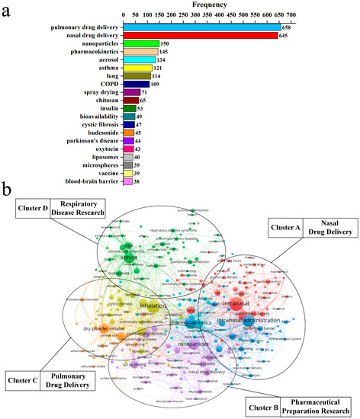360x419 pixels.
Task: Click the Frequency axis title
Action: (202, 5)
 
